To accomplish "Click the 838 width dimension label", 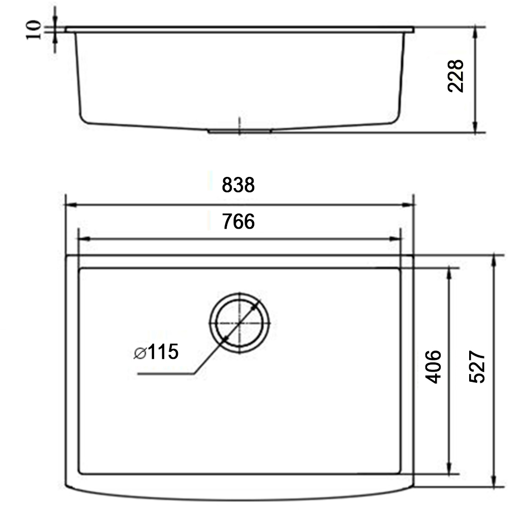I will [238, 185].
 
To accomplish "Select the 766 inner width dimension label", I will [238, 222].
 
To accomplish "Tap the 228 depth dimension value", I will [455, 76].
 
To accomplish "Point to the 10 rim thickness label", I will [34, 30].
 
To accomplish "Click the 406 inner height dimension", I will [432, 366].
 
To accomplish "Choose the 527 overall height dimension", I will [477, 366].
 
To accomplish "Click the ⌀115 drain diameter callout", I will [157, 352].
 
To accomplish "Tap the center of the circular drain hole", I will [239, 322].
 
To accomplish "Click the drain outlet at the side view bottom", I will [239, 131].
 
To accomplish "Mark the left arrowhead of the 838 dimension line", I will [69, 205].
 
